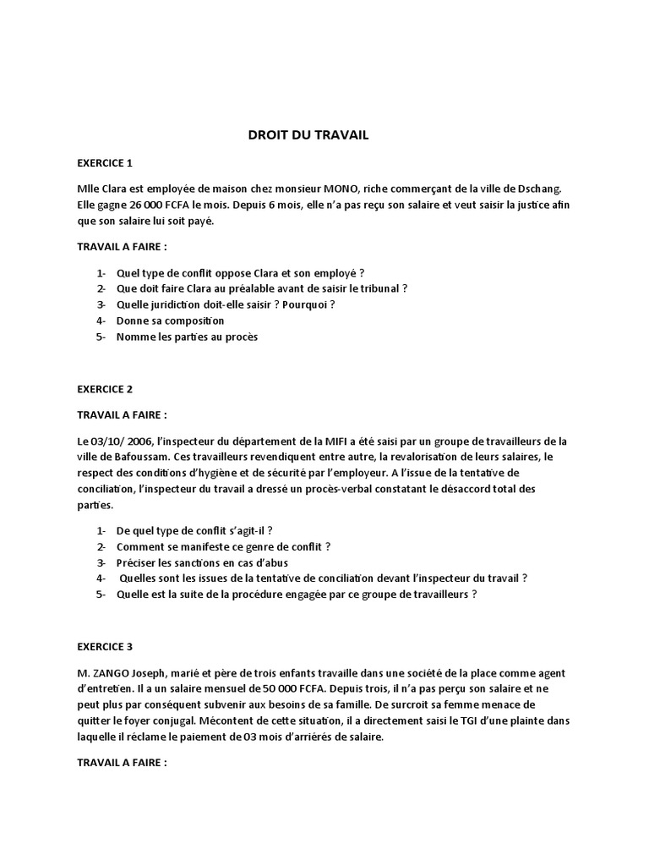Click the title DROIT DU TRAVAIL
tap(308, 134)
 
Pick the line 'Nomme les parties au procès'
tap(187, 337)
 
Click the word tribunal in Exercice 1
tap(377, 288)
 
